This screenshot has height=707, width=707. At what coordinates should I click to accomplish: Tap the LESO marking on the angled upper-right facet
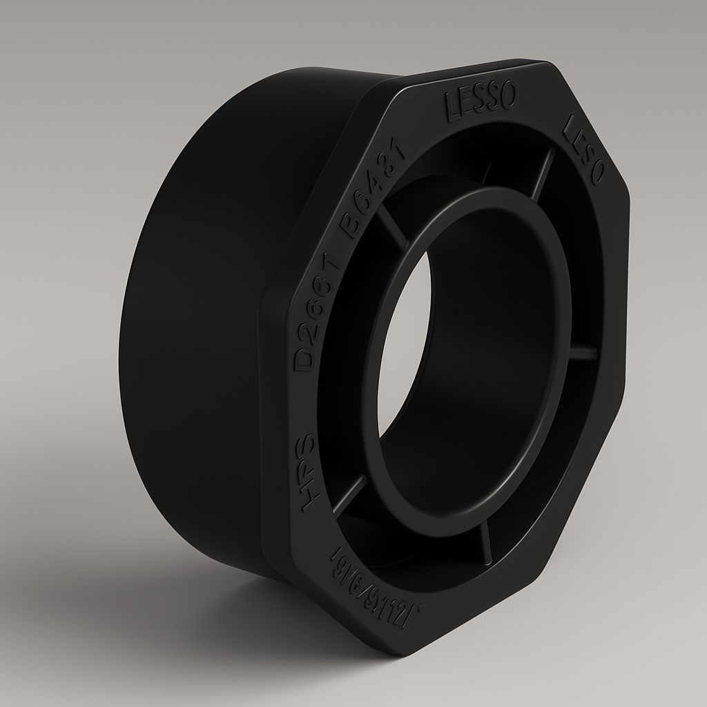click(583, 150)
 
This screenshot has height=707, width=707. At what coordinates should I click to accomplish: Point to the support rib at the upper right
click(543, 173)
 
